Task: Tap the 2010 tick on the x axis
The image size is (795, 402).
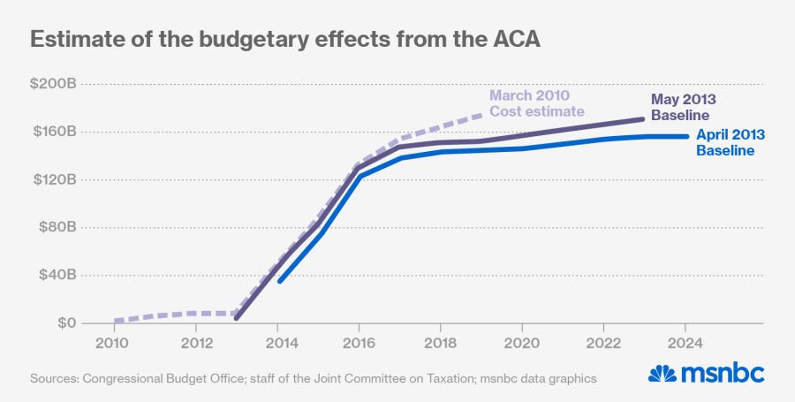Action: point(113,342)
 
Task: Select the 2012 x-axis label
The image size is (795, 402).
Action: point(195,342)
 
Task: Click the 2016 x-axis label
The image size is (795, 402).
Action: point(358,342)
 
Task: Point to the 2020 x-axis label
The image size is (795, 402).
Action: point(521,342)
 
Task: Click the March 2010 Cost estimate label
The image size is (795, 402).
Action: point(536,103)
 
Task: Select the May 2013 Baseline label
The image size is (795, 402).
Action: point(683,107)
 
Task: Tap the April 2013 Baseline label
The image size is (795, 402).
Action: point(730,143)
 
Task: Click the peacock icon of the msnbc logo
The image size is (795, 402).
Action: point(662,374)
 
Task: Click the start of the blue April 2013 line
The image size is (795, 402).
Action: point(279,281)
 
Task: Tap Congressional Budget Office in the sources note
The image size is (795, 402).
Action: point(156,378)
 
